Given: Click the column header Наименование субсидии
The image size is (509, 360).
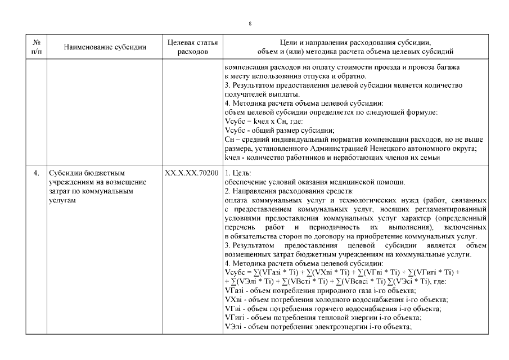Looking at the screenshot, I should [105, 47].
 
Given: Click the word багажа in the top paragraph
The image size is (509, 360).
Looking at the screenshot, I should [448, 67].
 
